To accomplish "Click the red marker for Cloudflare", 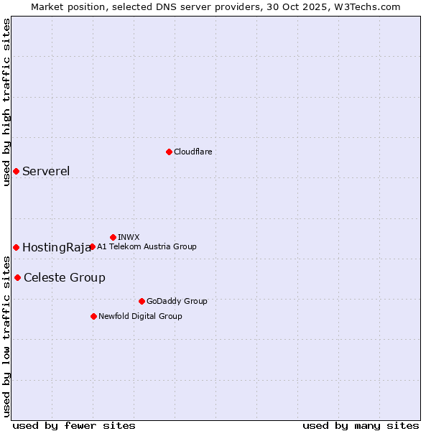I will [169, 152].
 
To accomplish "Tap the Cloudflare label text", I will [193, 152].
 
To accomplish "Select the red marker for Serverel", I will [16, 171].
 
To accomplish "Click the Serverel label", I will [46, 171].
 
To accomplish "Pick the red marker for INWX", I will [113, 237].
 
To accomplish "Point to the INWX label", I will [129, 238].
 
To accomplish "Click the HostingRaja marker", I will [16, 247].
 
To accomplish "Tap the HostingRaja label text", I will [56, 248].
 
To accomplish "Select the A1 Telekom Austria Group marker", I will [92, 246].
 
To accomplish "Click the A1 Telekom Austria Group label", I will [147, 247].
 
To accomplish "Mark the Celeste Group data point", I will [17, 277].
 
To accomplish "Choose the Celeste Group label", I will [65, 278].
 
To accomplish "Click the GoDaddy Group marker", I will [142, 301].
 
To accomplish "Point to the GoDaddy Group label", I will [177, 302].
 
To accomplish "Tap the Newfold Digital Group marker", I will [93, 316].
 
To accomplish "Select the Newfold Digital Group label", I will [140, 317].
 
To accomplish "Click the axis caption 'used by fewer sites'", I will [74, 426].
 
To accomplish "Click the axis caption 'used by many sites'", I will [361, 426].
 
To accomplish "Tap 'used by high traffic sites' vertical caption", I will [7, 102].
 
